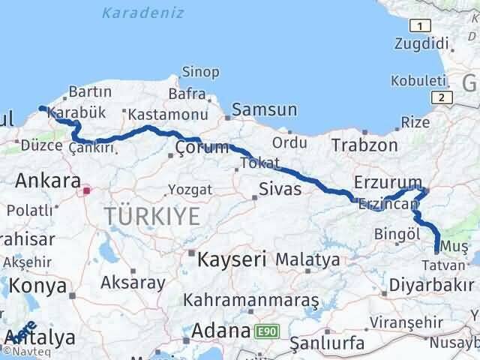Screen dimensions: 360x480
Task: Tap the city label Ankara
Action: point(48,181)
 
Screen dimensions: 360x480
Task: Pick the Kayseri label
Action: point(232,260)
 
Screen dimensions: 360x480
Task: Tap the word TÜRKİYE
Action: point(152,217)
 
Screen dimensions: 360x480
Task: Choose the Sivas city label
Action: point(280,189)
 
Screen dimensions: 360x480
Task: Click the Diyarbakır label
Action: point(432,285)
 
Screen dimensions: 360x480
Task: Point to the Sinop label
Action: point(201,72)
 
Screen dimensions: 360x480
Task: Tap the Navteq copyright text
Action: point(22,350)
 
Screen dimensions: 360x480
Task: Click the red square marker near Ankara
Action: point(87,190)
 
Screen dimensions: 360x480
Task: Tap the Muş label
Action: point(455,246)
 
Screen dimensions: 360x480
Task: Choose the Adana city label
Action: point(221,331)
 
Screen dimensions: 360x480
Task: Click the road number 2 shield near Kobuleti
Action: point(444,97)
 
